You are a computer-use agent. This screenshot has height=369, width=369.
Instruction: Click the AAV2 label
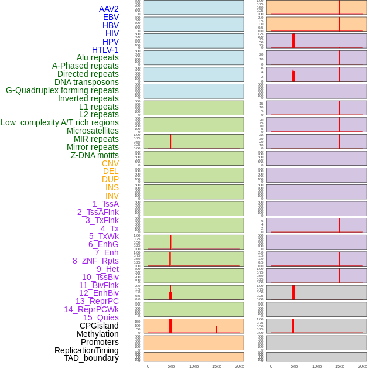108,9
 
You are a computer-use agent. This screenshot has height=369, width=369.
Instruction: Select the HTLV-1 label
105,50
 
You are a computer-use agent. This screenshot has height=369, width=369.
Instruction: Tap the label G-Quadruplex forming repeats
62,90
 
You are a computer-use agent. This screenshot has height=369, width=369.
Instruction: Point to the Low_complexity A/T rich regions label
60,122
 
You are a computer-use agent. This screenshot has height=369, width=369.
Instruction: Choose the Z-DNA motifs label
94,155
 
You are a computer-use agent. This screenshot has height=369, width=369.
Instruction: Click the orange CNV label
110,163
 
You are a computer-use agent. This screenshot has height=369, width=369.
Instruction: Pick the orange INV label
112,196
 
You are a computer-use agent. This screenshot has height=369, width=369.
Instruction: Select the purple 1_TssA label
105,204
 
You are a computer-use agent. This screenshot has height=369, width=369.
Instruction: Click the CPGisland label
99,326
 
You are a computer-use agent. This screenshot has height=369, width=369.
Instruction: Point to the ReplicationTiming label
86,350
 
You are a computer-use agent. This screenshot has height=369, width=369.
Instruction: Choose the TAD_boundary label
91,358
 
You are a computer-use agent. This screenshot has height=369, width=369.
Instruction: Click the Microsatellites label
93,131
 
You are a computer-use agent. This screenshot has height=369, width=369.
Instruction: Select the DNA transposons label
86,82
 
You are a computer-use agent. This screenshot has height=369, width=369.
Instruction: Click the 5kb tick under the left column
170,366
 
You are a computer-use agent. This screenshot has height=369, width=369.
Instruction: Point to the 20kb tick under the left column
240,366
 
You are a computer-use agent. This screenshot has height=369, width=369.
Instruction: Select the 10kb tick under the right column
316,366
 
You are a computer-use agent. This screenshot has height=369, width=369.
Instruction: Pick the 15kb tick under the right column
339,366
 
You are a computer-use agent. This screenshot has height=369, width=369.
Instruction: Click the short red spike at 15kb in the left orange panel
216,329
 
